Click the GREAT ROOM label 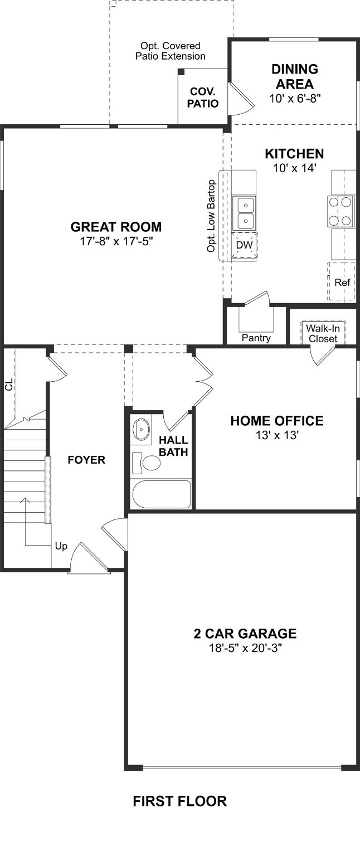(116, 227)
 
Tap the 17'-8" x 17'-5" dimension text (116, 241)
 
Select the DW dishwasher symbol (244, 245)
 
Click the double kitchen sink (244, 213)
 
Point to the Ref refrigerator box (342, 282)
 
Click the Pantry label (256, 338)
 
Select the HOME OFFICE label (276, 421)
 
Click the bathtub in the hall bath (162, 494)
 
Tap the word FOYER (86, 460)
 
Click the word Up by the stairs (61, 546)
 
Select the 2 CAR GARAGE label (245, 634)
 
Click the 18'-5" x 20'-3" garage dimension (245, 648)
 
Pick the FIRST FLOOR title (179, 801)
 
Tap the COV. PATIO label (204, 98)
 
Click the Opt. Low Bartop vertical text (211, 216)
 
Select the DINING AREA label (294, 77)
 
